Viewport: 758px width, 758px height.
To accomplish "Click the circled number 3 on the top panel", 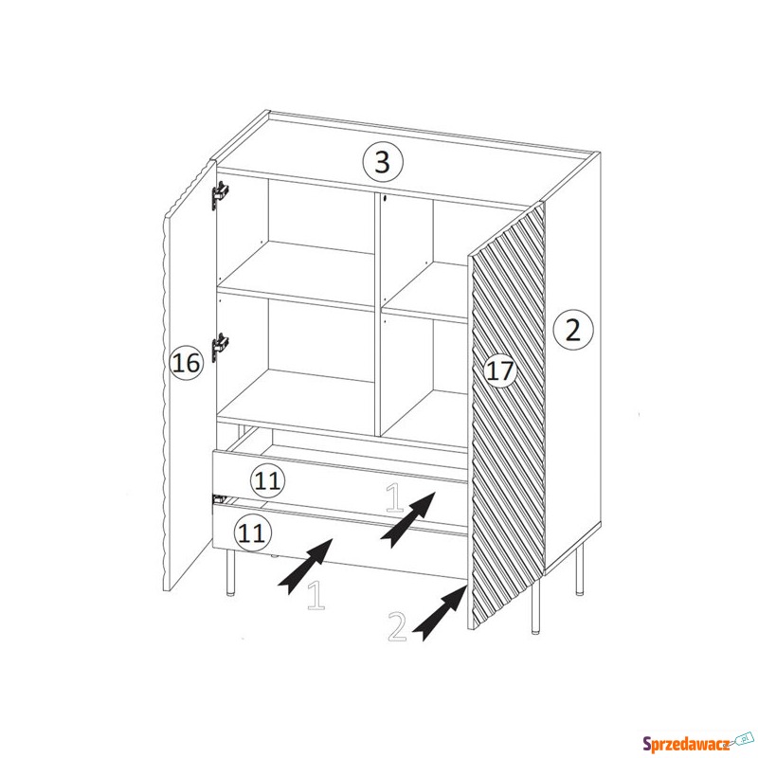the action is pos(383,161).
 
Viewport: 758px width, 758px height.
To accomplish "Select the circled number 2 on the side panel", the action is pos(572,330).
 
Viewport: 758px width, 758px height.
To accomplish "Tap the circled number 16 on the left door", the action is pos(186,363).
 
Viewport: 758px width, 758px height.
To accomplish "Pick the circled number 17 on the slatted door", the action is pos(499,371).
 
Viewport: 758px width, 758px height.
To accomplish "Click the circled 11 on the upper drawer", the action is pos(267,480).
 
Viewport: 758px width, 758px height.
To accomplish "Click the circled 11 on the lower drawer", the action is pos(252,532).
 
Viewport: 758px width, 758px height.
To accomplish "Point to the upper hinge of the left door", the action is pos(219,195).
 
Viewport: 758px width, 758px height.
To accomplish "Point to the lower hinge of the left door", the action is pos(219,347).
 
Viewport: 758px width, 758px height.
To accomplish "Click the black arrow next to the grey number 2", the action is pos(439,612).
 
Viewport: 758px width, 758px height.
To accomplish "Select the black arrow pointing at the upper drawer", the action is pos(408,519).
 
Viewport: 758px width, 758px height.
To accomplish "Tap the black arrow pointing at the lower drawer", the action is pos(304,566).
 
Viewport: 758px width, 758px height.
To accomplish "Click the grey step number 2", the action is pos(397,626).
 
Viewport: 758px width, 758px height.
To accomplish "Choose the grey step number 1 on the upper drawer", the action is pos(394,498).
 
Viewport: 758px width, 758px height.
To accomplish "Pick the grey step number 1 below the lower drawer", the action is pos(316,594).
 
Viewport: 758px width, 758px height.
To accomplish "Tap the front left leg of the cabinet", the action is pos(230,572).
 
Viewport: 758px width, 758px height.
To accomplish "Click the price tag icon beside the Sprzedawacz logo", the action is pos(744,739).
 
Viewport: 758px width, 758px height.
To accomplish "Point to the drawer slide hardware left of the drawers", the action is pos(220,498).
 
